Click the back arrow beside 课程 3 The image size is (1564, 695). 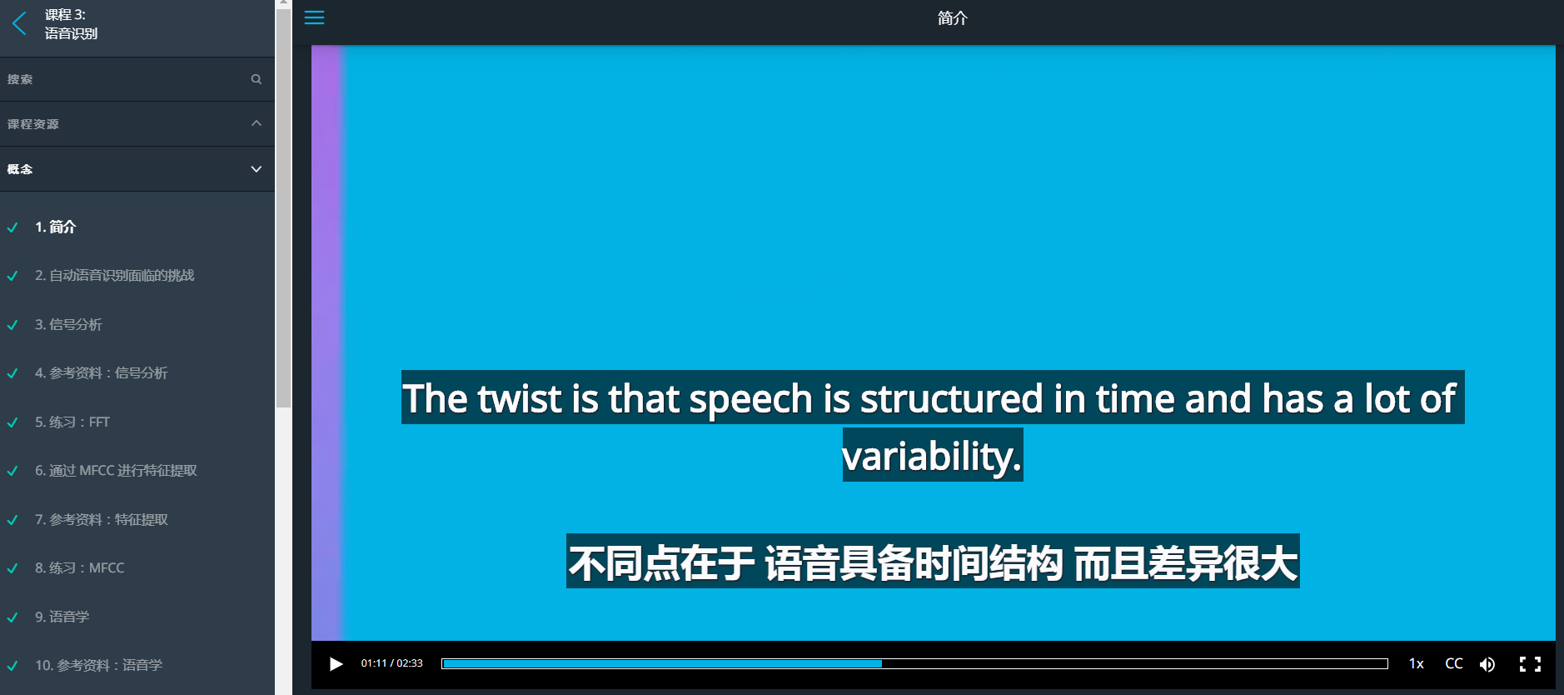click(x=20, y=23)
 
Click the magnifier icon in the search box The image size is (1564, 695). click(x=257, y=79)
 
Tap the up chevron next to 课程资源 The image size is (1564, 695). click(x=257, y=123)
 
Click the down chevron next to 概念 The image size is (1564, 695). click(x=257, y=169)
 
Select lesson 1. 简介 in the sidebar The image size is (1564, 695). click(x=55, y=227)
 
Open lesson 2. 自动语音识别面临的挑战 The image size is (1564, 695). click(x=114, y=276)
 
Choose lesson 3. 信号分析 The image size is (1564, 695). click(x=68, y=324)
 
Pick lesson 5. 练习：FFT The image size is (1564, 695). click(x=72, y=422)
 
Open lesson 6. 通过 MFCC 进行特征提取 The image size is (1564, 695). click(x=116, y=471)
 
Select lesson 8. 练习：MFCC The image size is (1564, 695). click(x=79, y=568)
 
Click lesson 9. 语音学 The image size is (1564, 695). click(x=62, y=617)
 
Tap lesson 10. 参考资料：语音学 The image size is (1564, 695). click(x=98, y=665)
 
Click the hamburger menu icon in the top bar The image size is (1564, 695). click(x=314, y=17)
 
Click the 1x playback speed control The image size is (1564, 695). click(x=1416, y=663)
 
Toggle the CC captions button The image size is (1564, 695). click(x=1454, y=663)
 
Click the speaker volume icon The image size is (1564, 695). click(x=1487, y=664)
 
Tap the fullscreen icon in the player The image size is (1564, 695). click(x=1530, y=664)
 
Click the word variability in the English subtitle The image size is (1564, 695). click(x=932, y=456)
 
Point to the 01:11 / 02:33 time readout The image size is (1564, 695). click(x=391, y=663)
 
